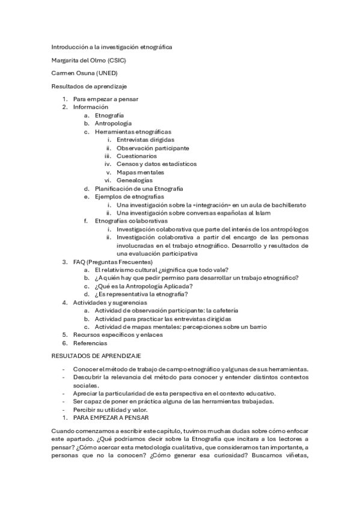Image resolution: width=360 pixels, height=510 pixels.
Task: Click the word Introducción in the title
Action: click(x=69, y=46)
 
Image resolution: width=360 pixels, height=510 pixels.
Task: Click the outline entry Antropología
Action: click(x=113, y=123)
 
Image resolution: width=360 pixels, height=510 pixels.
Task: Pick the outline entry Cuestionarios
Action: click(x=137, y=156)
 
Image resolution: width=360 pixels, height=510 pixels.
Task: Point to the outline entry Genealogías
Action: click(x=135, y=180)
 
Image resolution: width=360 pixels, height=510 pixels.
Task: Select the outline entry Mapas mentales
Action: click(x=140, y=172)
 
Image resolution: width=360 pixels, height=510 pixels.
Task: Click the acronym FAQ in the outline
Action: click(x=79, y=262)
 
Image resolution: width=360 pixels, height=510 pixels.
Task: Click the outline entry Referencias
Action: click(x=91, y=343)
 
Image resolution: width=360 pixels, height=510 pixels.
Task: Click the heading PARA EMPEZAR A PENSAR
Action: click(x=111, y=417)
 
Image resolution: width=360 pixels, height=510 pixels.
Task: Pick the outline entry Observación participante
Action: click(x=153, y=147)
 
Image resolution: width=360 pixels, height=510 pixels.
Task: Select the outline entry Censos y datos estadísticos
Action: click(x=156, y=164)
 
